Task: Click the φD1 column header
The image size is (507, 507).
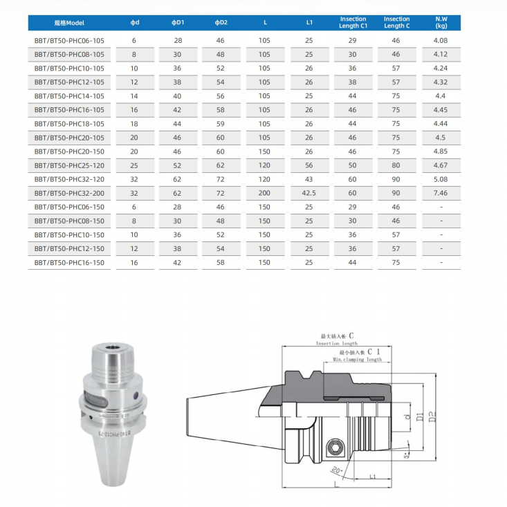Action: (178, 23)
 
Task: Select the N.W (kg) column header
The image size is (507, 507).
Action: (441, 22)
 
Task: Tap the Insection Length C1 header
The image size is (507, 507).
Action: (353, 22)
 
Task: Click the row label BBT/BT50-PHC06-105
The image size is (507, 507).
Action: (69, 41)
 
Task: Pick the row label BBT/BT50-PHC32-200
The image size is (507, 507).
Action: (69, 194)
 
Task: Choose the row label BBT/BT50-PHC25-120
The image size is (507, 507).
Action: (69, 165)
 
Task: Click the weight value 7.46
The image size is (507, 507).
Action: (441, 193)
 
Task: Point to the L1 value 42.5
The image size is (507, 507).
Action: (308, 193)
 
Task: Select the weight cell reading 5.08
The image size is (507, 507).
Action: (441, 179)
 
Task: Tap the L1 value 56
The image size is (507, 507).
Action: (308, 165)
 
